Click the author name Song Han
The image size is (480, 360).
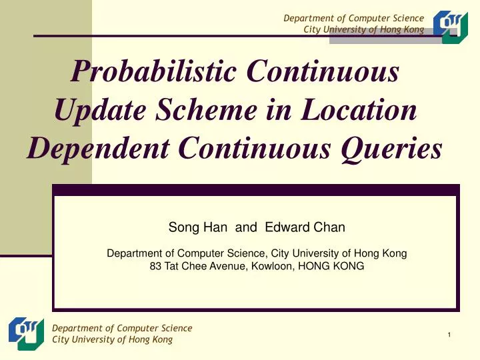pyautogui.click(x=197, y=227)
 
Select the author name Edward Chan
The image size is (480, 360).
pyautogui.click(x=305, y=227)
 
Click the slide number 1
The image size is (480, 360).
pyautogui.click(x=451, y=335)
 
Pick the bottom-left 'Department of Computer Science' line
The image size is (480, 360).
pyautogui.click(x=122, y=328)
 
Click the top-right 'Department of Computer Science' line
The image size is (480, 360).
pyautogui.click(x=353, y=18)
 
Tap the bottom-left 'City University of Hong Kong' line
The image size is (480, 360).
pyautogui.click(x=112, y=339)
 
